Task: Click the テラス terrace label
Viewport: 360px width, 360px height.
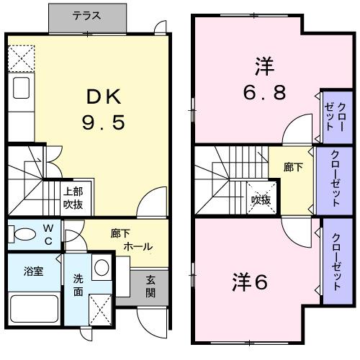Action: point(86,15)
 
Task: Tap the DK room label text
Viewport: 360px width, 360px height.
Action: point(106,96)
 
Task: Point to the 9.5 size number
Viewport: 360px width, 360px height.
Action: point(106,122)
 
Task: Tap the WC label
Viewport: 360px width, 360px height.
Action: point(47,235)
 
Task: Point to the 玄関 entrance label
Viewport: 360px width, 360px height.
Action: point(150,287)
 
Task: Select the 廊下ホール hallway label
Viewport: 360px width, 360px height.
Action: point(130,240)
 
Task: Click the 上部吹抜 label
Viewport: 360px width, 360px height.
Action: point(72,198)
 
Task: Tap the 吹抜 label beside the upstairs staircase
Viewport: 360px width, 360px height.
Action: point(261,200)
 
